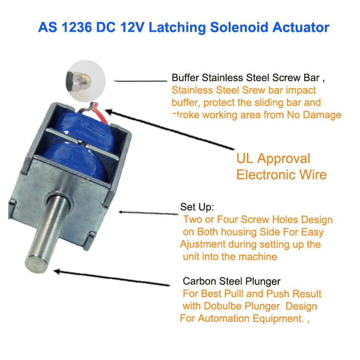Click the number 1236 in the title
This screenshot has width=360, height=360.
pyautogui.click(x=77, y=28)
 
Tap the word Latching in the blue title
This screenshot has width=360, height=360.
pyautogui.click(x=177, y=28)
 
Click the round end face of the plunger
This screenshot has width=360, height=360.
pyautogui.click(x=36, y=264)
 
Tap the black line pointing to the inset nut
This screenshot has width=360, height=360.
pyautogui.click(x=141, y=81)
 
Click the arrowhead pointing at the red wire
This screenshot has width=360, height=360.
pyautogui.click(x=110, y=112)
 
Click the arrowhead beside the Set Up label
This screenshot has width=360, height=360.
pyautogui.click(x=121, y=212)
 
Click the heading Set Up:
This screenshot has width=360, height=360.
pyautogui.click(x=197, y=207)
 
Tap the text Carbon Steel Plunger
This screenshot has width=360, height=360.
pyautogui.click(x=232, y=281)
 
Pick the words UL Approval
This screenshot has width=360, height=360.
pyautogui.click(x=273, y=158)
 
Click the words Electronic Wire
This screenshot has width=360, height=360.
pyautogui.click(x=282, y=175)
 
